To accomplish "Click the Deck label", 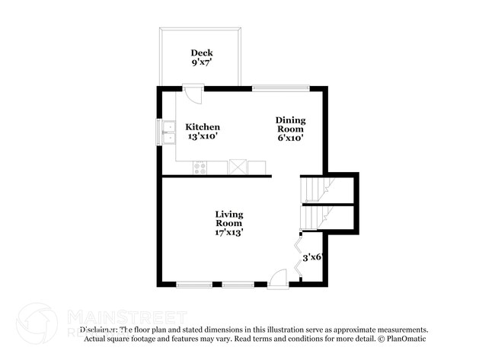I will pyautogui.click(x=202, y=53).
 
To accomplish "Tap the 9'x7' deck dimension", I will pyautogui.click(x=202, y=63).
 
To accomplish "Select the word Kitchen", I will pyautogui.click(x=203, y=127).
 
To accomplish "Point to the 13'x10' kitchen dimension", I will pyautogui.click(x=203, y=137).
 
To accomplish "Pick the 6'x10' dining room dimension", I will pyautogui.click(x=290, y=139).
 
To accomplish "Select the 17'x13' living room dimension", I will pyautogui.click(x=229, y=233).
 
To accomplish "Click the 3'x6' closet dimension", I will pyautogui.click(x=314, y=258).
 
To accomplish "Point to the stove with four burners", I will pyautogui.click(x=200, y=167).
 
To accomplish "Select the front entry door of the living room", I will pyautogui.click(x=279, y=278).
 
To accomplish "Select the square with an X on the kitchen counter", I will pyautogui.click(x=238, y=167).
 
